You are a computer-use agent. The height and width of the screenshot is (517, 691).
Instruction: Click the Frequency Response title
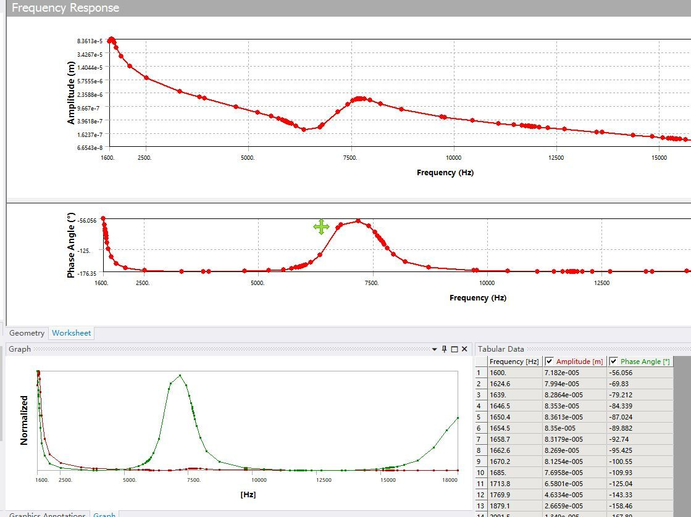(65, 8)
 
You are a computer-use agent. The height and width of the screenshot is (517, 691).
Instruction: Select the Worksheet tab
(71, 333)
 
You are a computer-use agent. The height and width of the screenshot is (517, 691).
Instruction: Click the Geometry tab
(27, 333)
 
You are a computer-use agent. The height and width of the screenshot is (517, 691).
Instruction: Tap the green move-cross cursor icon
(321, 227)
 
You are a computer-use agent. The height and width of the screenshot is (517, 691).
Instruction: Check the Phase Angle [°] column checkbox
(613, 362)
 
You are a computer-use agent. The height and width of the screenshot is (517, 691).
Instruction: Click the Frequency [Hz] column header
(514, 362)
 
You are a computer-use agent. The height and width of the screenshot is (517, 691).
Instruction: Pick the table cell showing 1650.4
(500, 417)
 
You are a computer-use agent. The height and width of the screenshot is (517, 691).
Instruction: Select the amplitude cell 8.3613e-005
(563, 417)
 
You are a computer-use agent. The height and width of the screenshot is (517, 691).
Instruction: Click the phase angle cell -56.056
(621, 373)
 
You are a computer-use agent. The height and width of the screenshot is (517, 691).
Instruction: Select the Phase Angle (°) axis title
(71, 246)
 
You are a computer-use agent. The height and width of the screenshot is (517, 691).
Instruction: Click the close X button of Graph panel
(464, 349)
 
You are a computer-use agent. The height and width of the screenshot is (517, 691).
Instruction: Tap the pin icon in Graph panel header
(444, 349)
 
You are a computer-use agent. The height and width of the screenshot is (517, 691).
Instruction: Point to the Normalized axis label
(24, 420)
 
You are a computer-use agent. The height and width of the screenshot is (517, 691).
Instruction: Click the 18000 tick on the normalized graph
(451, 480)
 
